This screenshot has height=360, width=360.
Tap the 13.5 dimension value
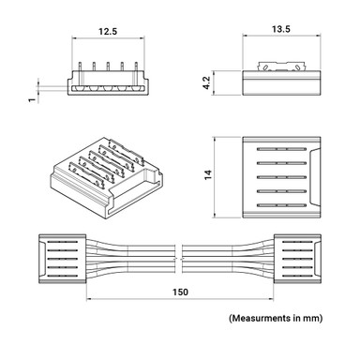coord(279,30)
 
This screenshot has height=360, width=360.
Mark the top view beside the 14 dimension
coord(281,174)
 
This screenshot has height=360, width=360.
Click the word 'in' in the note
coord(298,320)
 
